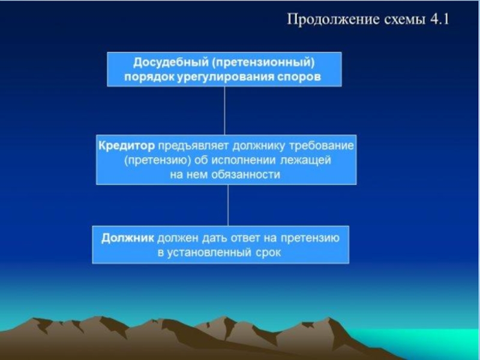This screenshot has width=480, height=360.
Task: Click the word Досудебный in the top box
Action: coord(171,63)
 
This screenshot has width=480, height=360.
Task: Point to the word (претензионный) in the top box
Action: coord(263,63)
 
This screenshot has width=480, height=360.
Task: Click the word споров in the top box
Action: coord(299,77)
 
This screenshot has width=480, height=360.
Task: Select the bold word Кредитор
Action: coord(127,146)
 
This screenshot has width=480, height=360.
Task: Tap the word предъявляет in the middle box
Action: coord(193,146)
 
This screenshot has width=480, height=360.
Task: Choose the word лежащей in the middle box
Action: coord(305,160)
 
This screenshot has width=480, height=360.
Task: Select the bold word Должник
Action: coord(128,238)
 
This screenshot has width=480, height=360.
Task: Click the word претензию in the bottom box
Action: coord(310,239)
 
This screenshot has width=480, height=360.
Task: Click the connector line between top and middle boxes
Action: coord(224,110)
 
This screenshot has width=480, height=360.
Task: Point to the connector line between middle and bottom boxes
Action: coord(228,205)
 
